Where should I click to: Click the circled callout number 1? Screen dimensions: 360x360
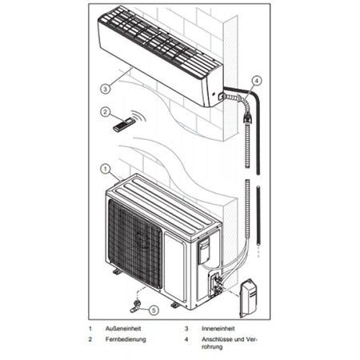click(x=104, y=169)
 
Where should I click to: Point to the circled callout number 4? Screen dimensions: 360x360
click(x=255, y=80)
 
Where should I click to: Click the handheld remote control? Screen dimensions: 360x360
click(x=124, y=124)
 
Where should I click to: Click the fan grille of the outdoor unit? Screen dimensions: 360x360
click(x=134, y=240)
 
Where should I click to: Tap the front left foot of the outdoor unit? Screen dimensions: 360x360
click(x=117, y=271)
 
